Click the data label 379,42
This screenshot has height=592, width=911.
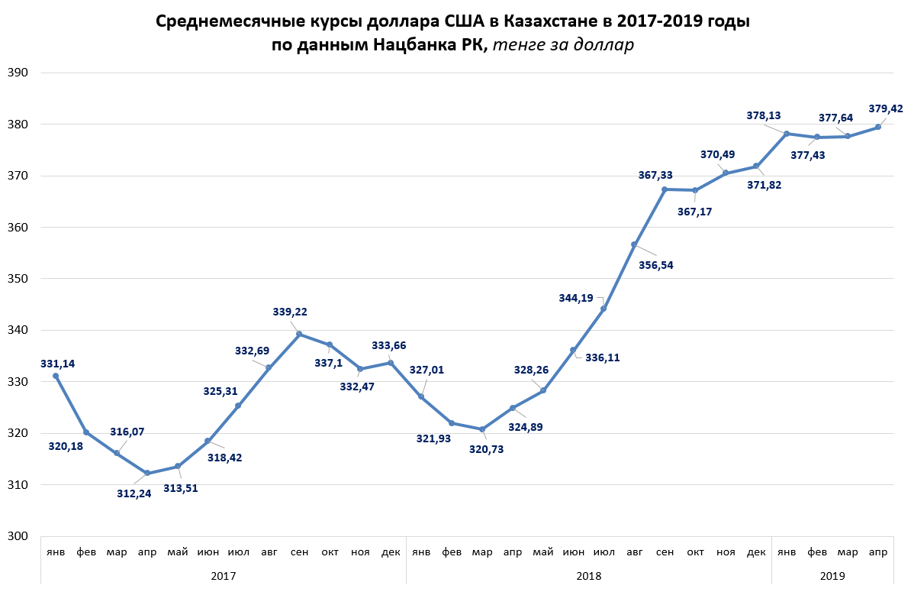885,108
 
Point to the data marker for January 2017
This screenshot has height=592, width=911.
56,376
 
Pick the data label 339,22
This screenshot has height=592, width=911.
290,312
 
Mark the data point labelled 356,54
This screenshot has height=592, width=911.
634,244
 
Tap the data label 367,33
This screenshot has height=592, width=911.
655,176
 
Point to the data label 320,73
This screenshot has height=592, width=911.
487,449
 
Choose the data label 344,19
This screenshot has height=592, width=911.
576,298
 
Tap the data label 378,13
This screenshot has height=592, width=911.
764,115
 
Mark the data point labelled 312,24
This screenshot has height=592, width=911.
147,474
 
